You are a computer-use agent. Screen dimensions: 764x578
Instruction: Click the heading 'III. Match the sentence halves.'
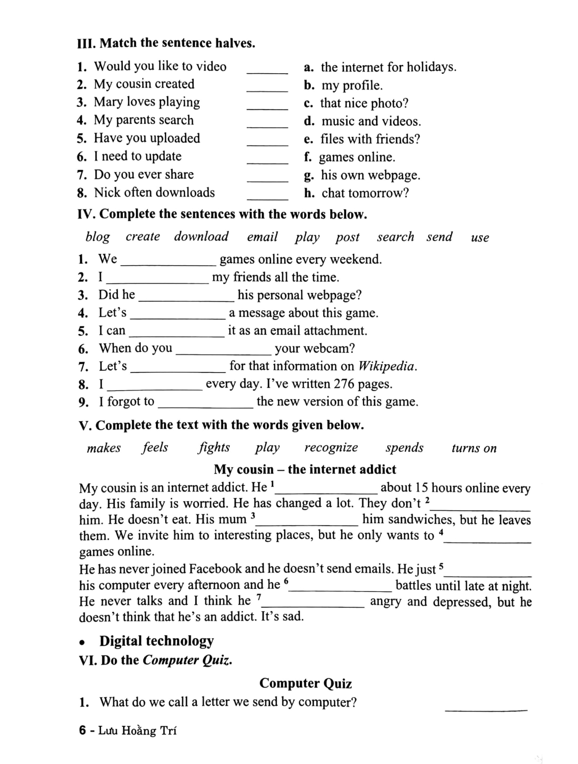[166, 43]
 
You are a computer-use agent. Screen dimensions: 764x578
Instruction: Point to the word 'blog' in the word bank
[97, 237]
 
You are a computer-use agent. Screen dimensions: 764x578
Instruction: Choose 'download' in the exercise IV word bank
[201, 237]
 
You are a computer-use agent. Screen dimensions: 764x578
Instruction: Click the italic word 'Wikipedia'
[387, 366]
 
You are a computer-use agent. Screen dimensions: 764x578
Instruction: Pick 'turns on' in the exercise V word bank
[474, 448]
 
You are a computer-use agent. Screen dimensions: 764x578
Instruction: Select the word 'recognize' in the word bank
[331, 448]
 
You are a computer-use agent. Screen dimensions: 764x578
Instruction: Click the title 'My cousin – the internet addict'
[305, 470]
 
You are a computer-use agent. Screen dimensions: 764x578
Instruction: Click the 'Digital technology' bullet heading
[156, 641]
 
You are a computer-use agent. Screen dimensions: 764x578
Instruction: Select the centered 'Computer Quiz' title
[305, 684]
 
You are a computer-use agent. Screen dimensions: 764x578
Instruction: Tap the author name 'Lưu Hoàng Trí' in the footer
[138, 731]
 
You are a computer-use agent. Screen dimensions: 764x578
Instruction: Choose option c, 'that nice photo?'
[364, 103]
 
